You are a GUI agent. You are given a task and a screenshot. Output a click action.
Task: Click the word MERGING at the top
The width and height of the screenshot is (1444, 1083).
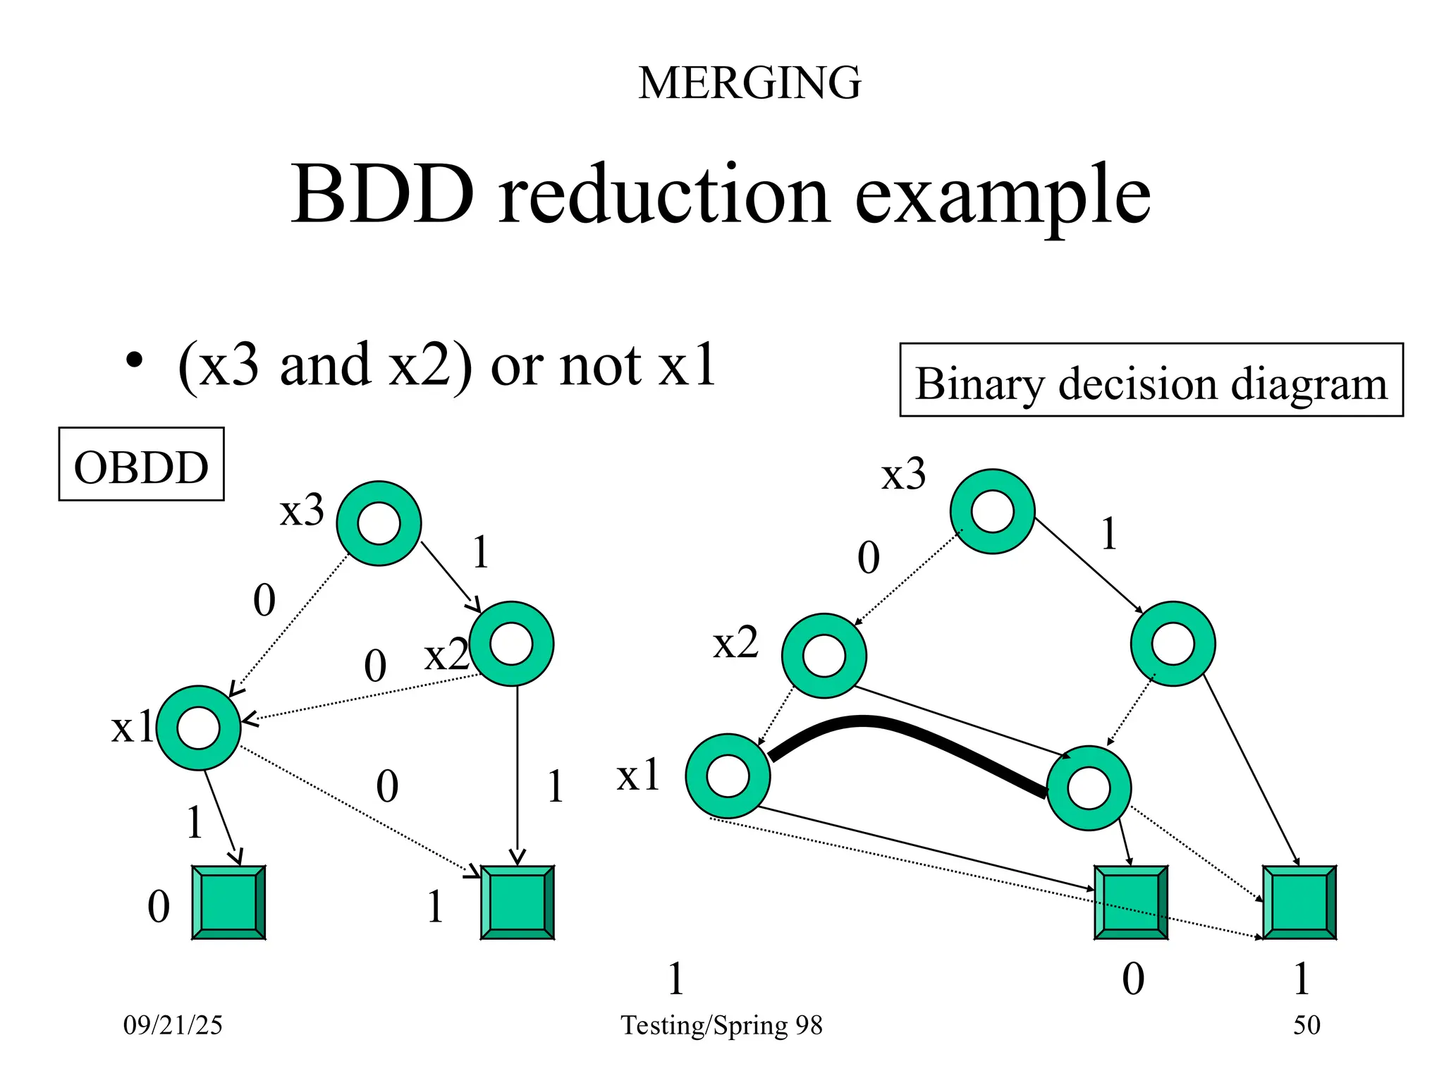[x=749, y=83]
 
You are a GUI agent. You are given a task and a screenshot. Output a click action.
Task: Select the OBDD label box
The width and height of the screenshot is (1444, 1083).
[x=141, y=465]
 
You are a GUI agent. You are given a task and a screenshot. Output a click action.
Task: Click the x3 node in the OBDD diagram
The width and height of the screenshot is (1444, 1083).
[x=379, y=524]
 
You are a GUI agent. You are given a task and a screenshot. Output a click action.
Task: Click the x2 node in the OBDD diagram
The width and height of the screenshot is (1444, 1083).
[x=511, y=644]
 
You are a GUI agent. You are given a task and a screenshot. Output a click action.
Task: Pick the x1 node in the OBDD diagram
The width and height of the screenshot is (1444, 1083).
[x=199, y=728]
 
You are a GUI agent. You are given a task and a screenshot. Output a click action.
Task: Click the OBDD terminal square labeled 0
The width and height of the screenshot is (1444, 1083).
[x=228, y=902]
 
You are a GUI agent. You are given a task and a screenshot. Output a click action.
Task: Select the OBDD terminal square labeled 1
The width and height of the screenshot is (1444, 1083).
[x=517, y=902]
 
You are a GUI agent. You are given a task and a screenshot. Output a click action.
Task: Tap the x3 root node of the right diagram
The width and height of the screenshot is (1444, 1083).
[x=992, y=512]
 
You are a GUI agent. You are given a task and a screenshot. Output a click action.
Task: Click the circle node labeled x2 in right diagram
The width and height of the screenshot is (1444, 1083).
[x=824, y=656]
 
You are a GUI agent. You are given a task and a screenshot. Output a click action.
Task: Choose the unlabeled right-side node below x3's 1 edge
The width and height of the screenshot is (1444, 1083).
[x=1173, y=644]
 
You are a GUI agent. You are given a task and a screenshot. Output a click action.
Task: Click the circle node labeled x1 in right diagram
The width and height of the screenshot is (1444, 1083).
[x=728, y=776]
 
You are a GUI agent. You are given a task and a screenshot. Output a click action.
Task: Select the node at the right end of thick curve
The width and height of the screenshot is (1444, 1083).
[x=1089, y=788]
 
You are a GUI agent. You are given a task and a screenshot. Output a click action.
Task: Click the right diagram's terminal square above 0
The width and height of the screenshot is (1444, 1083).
[x=1130, y=902]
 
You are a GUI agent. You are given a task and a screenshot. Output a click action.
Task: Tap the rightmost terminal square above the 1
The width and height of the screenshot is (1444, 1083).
[x=1299, y=902]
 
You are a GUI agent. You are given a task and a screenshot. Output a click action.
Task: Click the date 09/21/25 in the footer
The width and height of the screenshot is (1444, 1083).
[x=173, y=1025]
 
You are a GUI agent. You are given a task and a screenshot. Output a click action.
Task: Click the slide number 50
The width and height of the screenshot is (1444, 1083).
[x=1306, y=1025]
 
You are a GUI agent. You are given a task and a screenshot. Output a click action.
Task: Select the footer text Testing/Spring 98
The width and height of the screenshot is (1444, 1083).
[x=721, y=1025]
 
